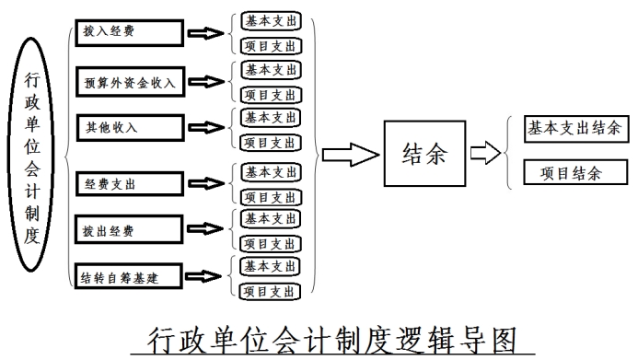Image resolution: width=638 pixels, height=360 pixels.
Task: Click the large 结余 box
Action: click(x=424, y=155)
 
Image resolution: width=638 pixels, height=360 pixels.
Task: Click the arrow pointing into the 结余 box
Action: click(x=349, y=155)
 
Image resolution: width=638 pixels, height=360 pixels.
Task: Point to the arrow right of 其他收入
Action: click(x=206, y=128)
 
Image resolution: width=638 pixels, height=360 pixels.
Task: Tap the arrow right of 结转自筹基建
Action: click(x=206, y=275)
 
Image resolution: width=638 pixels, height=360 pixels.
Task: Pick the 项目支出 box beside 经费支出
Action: click(x=270, y=197)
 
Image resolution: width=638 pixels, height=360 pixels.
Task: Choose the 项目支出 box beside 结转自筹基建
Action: click(x=270, y=290)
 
